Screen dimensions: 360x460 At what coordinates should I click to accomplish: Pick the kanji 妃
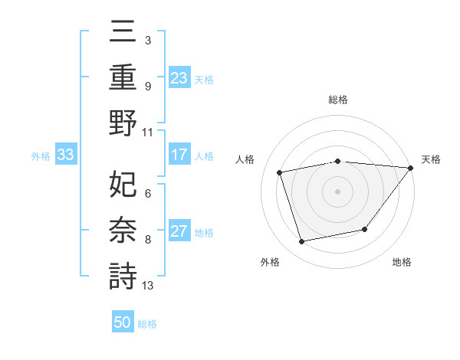123,184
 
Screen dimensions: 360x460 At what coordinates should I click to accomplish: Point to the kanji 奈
123,230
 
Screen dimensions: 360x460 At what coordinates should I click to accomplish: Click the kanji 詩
123,275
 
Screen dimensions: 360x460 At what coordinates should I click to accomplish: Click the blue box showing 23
179,77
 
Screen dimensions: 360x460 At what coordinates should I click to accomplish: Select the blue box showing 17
179,155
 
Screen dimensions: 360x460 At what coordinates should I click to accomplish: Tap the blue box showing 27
179,232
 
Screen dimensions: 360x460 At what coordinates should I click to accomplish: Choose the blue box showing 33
65,155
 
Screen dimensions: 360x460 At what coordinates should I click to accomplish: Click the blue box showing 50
123,322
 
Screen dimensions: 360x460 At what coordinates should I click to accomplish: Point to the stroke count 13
148,286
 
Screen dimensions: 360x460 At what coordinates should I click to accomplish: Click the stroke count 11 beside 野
148,132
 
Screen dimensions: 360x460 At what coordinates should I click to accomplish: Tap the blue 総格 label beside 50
147,324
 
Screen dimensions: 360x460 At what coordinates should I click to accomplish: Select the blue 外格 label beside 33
41,156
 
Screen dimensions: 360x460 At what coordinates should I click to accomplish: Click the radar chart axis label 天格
431,159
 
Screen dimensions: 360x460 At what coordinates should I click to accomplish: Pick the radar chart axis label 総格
338,100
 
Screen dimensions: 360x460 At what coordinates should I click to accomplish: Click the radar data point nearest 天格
410,168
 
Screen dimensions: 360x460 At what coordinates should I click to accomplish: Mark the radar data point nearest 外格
301,242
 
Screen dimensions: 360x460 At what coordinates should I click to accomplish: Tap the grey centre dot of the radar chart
338,191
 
